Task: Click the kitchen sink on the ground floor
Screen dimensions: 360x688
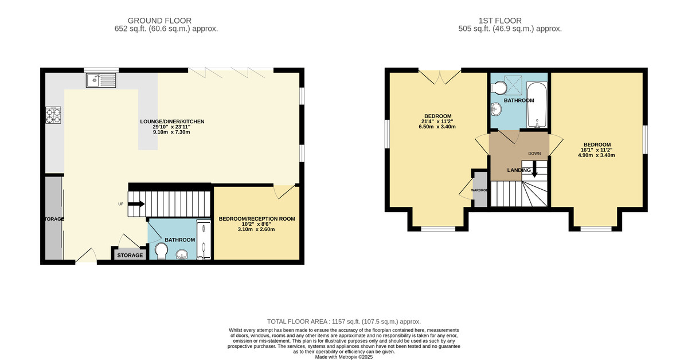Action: click(101, 80)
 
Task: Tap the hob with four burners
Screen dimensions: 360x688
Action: click(54, 116)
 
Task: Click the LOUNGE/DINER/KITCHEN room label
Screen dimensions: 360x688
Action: click(172, 122)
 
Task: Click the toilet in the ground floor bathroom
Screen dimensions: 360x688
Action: click(161, 252)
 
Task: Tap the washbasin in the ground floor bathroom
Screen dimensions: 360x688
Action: click(183, 254)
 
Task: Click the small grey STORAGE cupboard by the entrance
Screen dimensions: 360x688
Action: click(130, 255)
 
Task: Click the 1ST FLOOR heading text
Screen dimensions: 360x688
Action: click(510, 20)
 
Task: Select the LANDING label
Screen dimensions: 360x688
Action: click(518, 170)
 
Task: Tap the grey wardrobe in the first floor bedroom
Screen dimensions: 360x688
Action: click(479, 189)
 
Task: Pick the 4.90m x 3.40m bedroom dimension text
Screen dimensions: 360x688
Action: click(597, 155)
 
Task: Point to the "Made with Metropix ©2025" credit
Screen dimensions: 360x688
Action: click(344, 357)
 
